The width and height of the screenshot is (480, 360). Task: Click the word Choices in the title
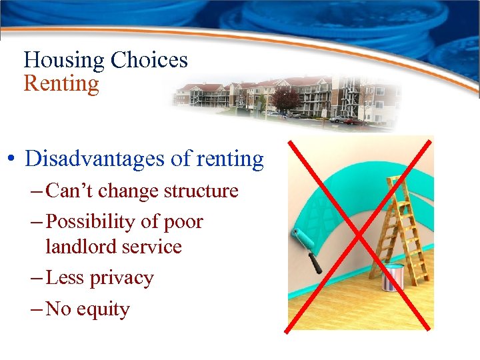point(149,61)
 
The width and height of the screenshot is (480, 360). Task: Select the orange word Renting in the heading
point(61,84)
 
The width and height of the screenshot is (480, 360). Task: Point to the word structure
point(201,191)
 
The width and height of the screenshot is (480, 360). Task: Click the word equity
point(103,309)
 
